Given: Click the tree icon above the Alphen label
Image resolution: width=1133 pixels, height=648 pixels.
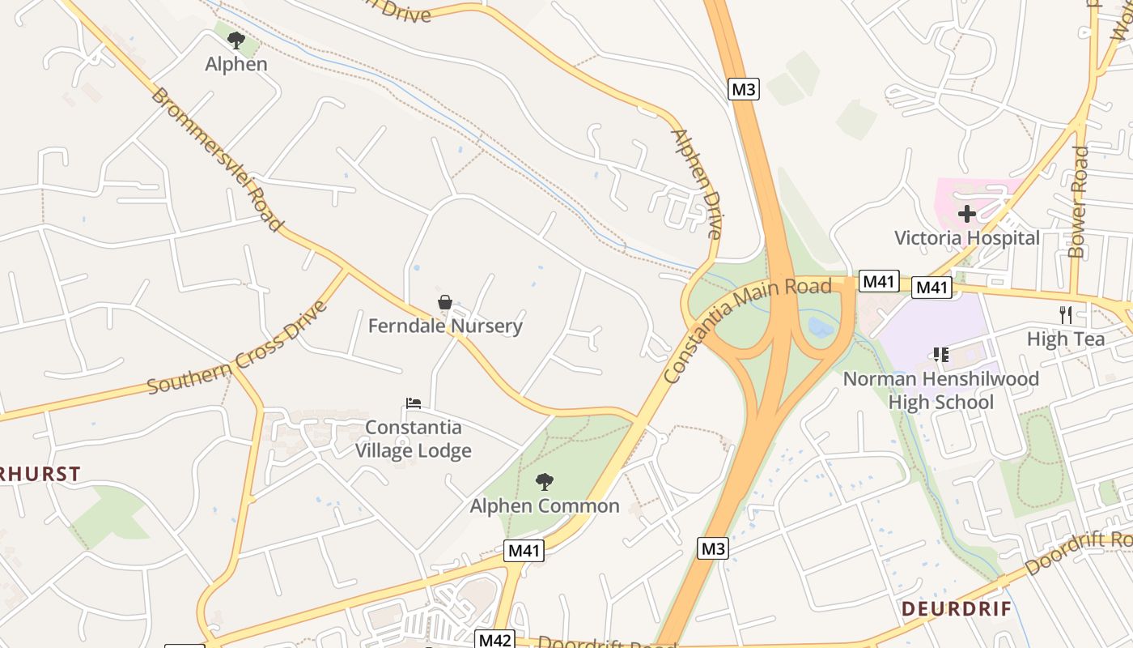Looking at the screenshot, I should pyautogui.click(x=236, y=40).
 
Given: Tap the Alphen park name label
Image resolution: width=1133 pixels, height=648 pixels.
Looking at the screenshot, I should pyautogui.click(x=236, y=64).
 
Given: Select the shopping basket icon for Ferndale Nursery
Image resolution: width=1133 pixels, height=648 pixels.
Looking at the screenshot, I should pyautogui.click(x=444, y=303).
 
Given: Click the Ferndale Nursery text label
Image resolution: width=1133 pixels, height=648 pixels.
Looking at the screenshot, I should pyautogui.click(x=445, y=326).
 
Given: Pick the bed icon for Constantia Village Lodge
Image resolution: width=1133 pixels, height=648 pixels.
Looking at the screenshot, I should pyautogui.click(x=414, y=403).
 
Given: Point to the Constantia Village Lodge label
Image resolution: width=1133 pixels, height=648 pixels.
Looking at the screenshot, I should pyautogui.click(x=414, y=439).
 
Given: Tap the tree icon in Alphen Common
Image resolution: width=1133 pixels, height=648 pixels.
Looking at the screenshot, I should pyautogui.click(x=545, y=482).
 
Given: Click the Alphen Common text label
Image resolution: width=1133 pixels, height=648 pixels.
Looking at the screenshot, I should pyautogui.click(x=545, y=506).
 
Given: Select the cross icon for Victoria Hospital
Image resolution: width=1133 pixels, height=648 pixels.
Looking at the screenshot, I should pyautogui.click(x=966, y=215).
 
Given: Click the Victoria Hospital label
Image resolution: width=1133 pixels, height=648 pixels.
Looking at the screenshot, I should pyautogui.click(x=966, y=238).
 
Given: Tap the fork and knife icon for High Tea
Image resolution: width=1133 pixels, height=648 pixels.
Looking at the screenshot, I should pyautogui.click(x=1066, y=315).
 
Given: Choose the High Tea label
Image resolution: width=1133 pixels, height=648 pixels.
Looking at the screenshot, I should pyautogui.click(x=1066, y=339).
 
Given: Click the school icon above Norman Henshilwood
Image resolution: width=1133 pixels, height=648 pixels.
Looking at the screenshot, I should pyautogui.click(x=940, y=355).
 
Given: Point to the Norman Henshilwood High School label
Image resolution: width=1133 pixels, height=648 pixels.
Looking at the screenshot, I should pyautogui.click(x=941, y=390).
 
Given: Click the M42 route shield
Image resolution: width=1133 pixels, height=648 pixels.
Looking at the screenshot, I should pyautogui.click(x=494, y=640).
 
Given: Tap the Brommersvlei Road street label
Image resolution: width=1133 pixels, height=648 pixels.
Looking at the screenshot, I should pyautogui.click(x=217, y=159).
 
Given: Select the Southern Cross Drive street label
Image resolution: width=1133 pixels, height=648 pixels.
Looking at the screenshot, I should pyautogui.click(x=238, y=348).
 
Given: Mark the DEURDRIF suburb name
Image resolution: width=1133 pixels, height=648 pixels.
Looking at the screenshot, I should pyautogui.click(x=957, y=609).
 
